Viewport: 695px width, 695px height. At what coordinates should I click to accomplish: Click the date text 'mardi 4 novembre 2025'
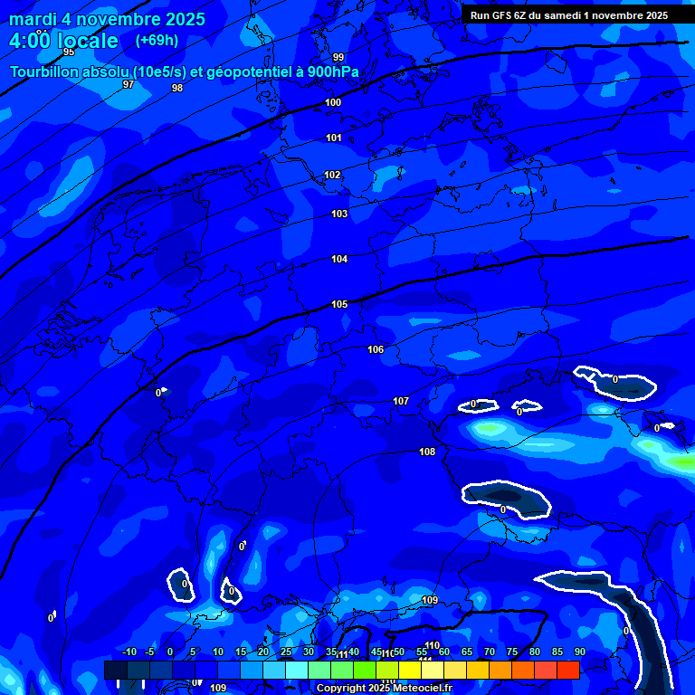pos(107,19)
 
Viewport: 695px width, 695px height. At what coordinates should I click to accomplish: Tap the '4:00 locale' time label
pos(63,41)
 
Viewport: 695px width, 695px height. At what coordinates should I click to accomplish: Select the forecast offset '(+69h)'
pos(157,40)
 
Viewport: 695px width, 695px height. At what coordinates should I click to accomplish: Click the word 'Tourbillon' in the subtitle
pos(44,71)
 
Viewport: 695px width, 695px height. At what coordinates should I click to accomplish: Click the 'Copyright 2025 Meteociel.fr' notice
pos(384,689)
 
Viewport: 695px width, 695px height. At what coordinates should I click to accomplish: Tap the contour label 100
pos(333,102)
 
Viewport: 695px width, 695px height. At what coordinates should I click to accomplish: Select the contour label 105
pos(339,304)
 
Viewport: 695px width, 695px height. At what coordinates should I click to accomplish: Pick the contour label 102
pos(332,175)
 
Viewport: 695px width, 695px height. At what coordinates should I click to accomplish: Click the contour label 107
pos(401,401)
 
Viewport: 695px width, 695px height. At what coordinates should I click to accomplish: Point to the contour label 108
pos(427,452)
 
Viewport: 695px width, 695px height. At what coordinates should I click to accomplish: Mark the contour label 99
pos(338,57)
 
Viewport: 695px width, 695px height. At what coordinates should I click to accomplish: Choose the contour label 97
pos(129,84)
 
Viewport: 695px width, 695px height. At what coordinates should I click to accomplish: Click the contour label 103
pos(339,214)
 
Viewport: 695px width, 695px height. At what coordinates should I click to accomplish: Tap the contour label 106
pos(376,349)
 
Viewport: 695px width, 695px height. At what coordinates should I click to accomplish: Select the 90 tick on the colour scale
pos(579,652)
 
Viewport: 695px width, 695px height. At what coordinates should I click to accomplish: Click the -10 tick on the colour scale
pos(129,652)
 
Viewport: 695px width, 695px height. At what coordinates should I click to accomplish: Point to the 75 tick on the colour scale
pos(511,652)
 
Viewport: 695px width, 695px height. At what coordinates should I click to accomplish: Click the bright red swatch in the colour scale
pos(567,670)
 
